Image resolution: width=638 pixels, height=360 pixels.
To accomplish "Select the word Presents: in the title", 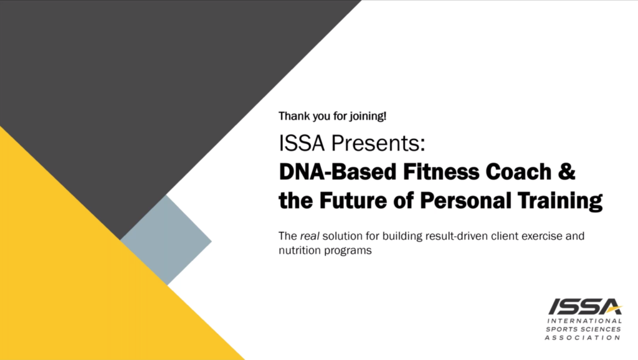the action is [378, 143].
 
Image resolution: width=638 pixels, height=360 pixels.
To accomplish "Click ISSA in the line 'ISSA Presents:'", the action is [302, 143].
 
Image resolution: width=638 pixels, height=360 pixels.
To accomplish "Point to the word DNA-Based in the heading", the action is [337, 171].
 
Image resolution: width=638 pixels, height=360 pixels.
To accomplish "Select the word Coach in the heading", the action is [519, 171].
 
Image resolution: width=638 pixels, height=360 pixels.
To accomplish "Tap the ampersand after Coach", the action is [567, 171].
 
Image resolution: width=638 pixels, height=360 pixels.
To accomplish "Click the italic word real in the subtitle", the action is [310, 236].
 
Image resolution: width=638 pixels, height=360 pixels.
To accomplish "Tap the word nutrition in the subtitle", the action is [300, 250].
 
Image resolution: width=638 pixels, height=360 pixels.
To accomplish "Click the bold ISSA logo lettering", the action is [585, 306].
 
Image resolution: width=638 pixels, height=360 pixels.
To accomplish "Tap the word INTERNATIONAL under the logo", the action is [584, 321].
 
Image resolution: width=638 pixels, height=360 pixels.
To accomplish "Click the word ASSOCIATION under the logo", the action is [583, 338].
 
